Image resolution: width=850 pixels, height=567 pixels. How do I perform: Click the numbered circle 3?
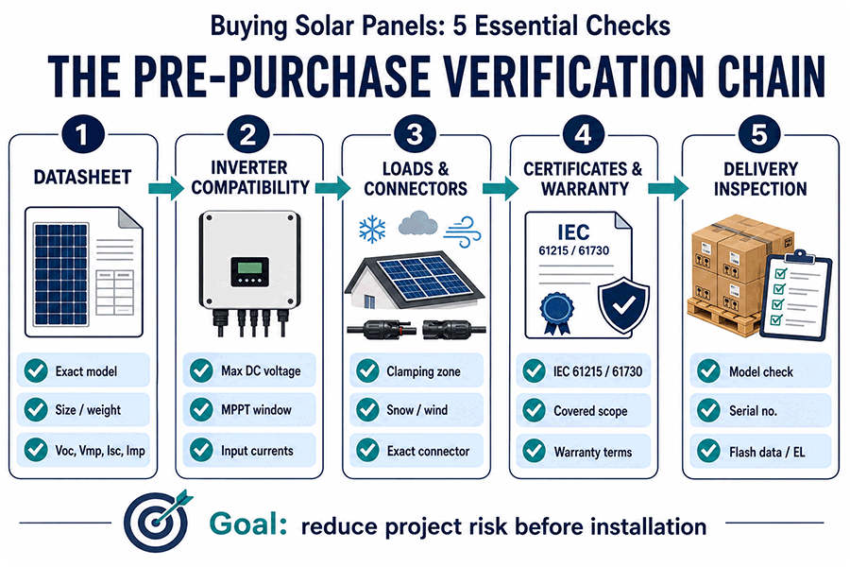(416, 134)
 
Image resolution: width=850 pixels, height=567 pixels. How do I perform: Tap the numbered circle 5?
(759, 134)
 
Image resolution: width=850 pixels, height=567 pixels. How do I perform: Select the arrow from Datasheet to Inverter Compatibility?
(166, 188)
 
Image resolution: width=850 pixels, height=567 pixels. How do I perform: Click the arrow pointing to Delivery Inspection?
(669, 188)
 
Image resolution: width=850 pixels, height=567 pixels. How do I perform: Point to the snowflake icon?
(372, 229)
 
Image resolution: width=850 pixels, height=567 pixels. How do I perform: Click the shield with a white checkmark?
(623, 305)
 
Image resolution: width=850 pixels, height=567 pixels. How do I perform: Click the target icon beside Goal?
(157, 522)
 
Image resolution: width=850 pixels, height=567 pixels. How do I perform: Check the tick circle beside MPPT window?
(201, 410)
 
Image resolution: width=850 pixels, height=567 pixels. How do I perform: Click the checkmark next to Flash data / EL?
(708, 451)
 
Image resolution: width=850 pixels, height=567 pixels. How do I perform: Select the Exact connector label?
(428, 451)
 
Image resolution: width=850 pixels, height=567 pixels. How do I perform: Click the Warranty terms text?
(592, 452)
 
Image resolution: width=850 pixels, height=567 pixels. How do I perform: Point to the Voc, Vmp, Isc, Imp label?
(100, 451)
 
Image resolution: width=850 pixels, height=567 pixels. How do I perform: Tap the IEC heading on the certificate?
(573, 232)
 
